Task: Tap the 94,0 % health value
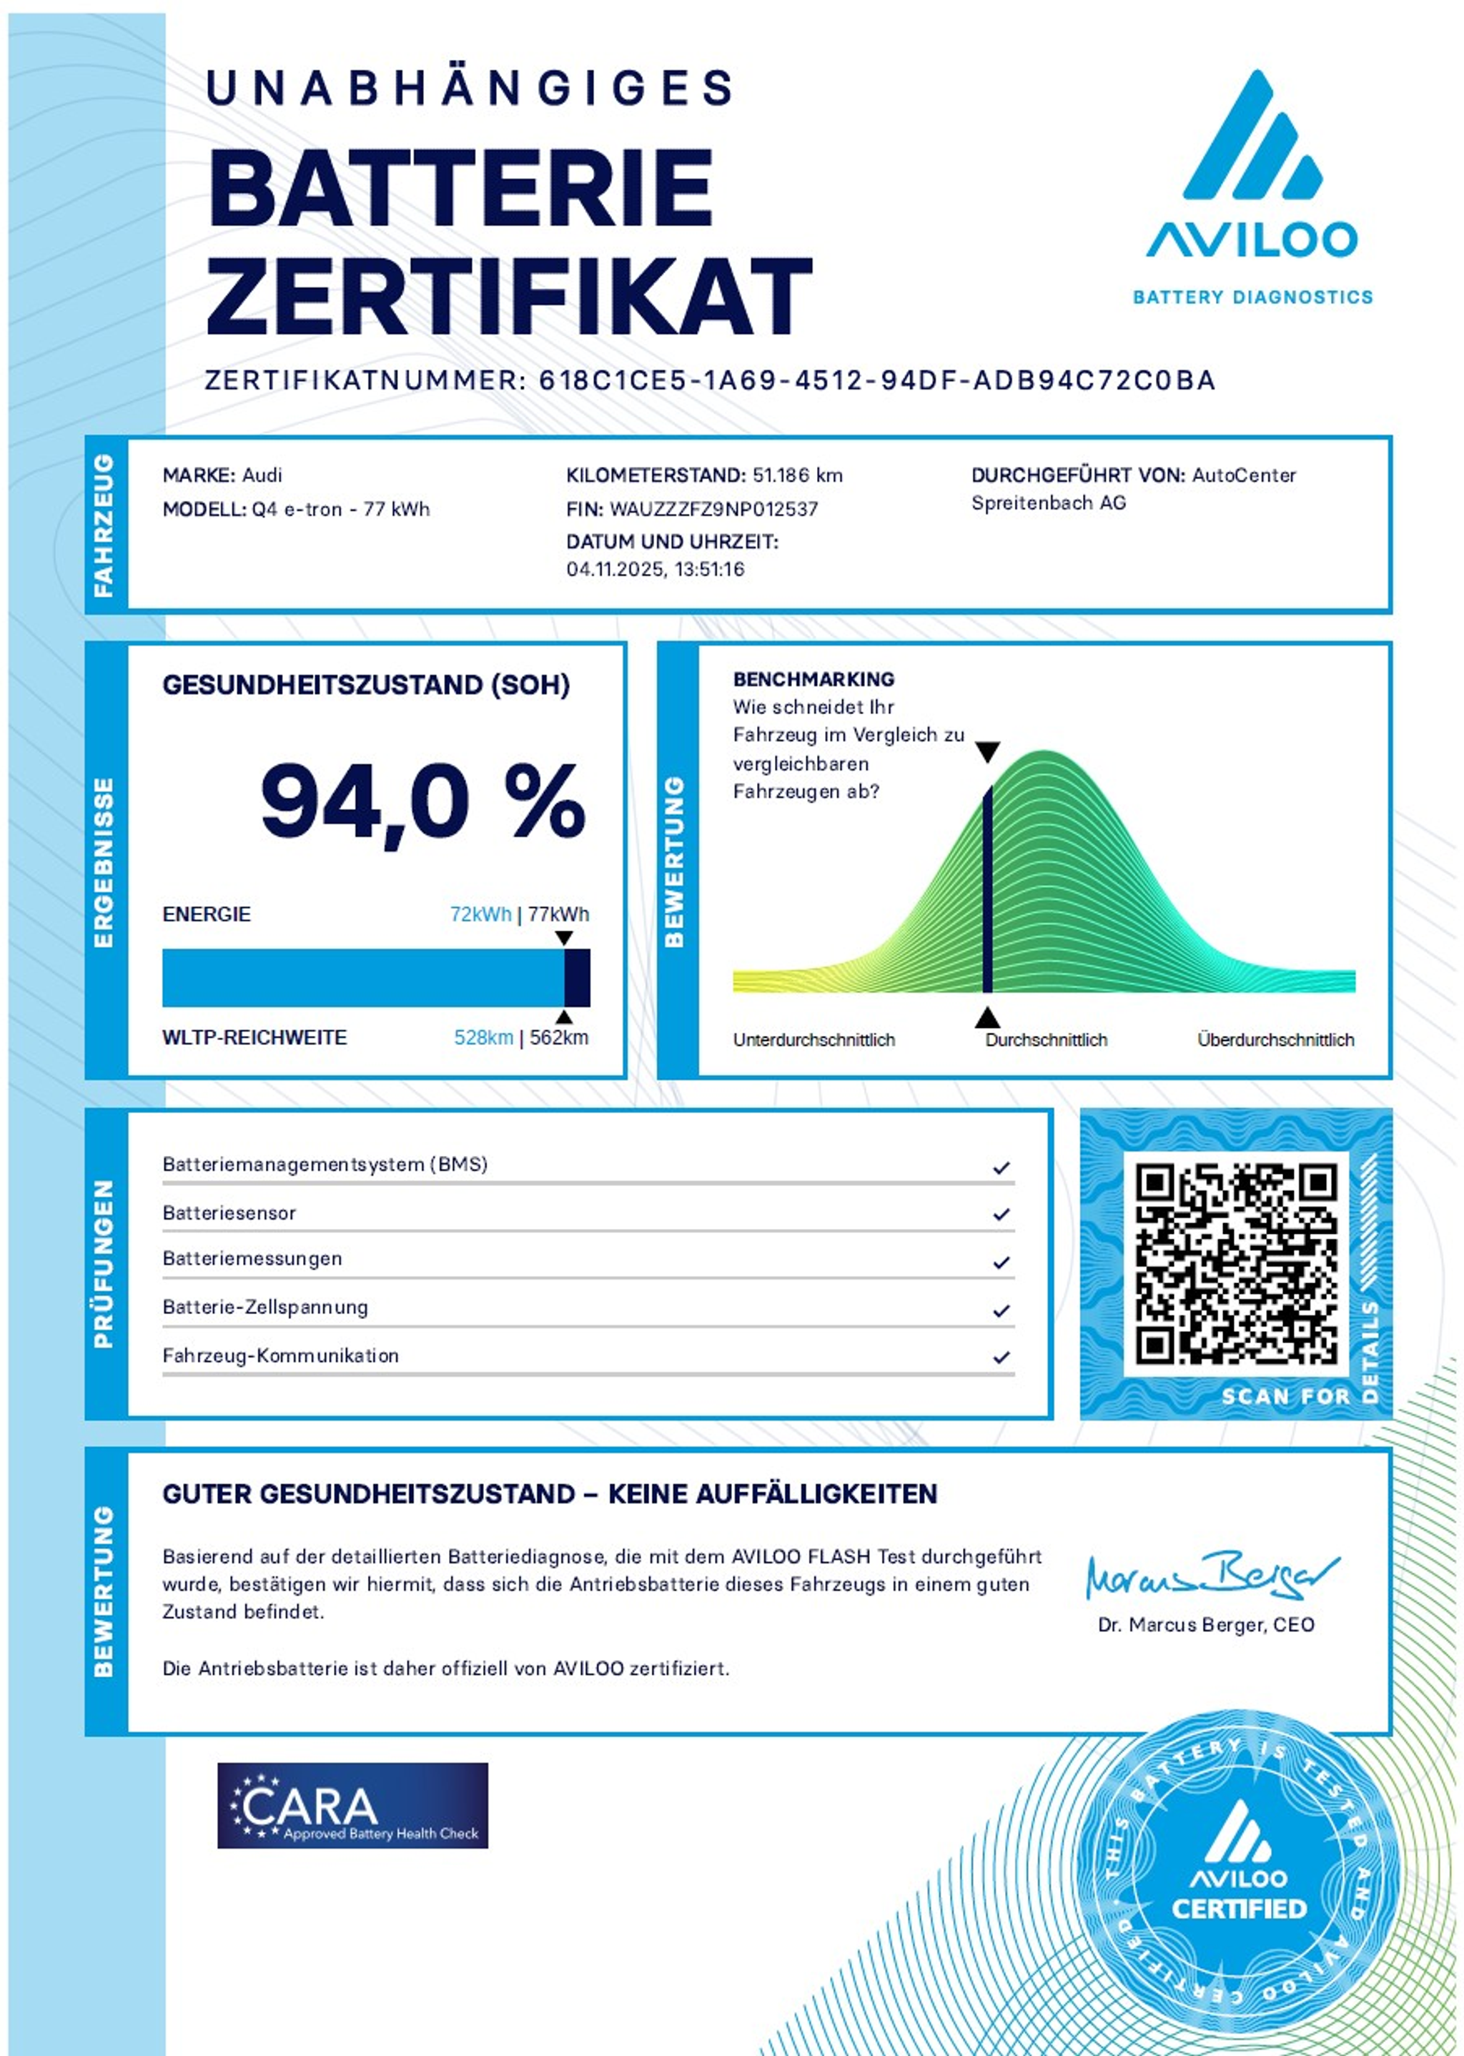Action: click(422, 801)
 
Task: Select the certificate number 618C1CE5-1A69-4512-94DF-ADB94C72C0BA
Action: click(876, 380)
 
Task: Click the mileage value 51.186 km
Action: click(797, 475)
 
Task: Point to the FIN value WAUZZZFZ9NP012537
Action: click(713, 509)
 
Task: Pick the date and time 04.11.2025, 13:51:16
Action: click(656, 569)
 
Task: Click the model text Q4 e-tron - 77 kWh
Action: click(341, 509)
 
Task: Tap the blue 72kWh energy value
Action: click(480, 914)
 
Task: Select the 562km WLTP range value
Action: click(559, 1037)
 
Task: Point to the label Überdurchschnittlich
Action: click(1275, 1039)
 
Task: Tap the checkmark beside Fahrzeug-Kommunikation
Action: click(1001, 1357)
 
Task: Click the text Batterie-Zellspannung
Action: click(265, 1307)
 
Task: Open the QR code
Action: click(1235, 1262)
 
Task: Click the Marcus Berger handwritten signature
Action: click(1211, 1576)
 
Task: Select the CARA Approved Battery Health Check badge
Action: click(352, 1805)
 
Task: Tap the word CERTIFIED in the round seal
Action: click(1239, 1908)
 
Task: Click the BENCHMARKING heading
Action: click(813, 678)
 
